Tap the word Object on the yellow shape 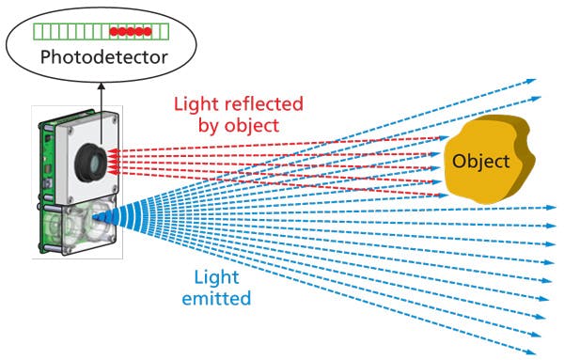(480, 161)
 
